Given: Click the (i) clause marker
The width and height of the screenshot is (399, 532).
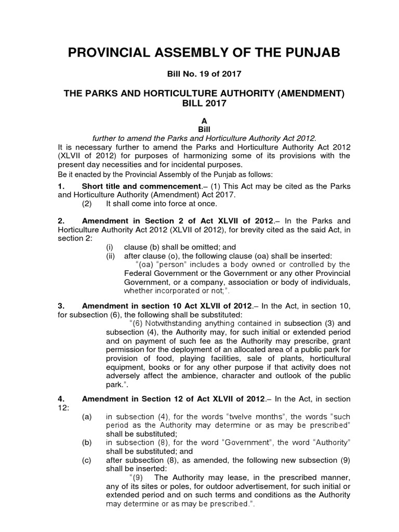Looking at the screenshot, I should coord(110,247).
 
